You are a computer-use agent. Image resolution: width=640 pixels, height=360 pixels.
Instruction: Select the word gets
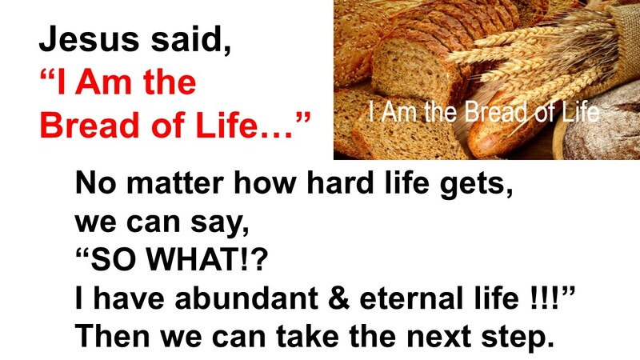[x=477, y=186]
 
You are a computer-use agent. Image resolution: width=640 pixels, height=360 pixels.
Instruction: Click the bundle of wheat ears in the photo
[x=552, y=48]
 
